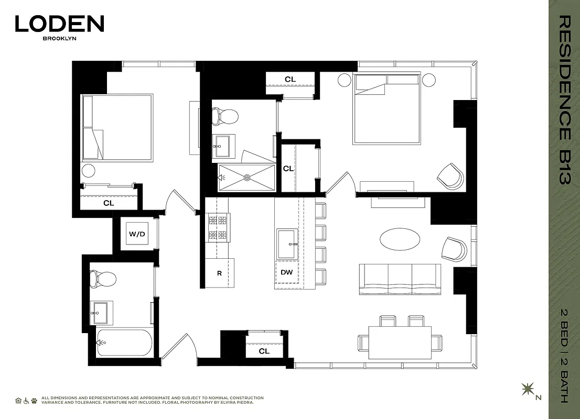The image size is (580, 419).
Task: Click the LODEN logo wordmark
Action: (x=59, y=24)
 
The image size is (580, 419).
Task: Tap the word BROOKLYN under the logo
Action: (x=59, y=38)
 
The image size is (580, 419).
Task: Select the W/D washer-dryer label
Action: (x=137, y=234)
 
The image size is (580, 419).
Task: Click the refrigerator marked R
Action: (x=219, y=273)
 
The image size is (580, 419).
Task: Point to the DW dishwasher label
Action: (x=286, y=272)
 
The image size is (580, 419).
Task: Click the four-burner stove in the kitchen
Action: (x=218, y=227)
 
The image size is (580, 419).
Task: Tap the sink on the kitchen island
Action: (x=287, y=244)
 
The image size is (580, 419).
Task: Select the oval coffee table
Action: (x=400, y=240)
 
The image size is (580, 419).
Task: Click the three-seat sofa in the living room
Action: (x=400, y=279)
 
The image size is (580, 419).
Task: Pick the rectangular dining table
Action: (x=400, y=342)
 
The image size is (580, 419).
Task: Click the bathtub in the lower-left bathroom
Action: (x=125, y=343)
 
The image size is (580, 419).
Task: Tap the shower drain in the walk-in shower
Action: (x=245, y=177)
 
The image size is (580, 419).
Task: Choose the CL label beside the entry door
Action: (x=264, y=351)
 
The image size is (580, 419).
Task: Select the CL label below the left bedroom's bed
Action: (x=109, y=203)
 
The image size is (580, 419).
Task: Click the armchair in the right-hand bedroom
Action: (x=451, y=175)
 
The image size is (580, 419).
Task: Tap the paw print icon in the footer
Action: (x=34, y=401)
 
